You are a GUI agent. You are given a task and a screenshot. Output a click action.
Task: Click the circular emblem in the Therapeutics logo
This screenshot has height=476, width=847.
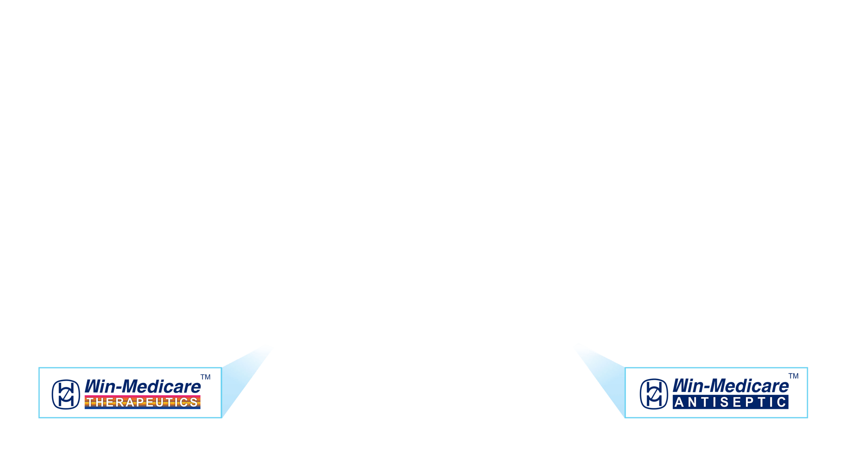[66, 394]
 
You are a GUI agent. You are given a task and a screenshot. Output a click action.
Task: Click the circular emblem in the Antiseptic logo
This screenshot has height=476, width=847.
[654, 394]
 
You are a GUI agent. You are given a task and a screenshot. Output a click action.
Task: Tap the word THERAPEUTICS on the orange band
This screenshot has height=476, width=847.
[142, 402]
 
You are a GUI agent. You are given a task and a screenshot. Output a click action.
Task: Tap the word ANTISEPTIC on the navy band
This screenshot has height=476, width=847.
[730, 402]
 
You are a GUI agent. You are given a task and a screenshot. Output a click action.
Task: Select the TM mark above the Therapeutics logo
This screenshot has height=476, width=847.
[205, 377]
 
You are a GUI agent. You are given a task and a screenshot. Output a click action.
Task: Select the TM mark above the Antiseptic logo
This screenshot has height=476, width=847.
[793, 376]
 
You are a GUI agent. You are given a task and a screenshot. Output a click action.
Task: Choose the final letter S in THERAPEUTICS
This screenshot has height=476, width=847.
[194, 402]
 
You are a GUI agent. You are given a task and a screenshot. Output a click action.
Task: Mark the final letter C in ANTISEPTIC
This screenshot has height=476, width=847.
[781, 402]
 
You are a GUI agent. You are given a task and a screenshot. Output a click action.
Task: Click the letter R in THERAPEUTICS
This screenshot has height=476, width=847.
[119, 402]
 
